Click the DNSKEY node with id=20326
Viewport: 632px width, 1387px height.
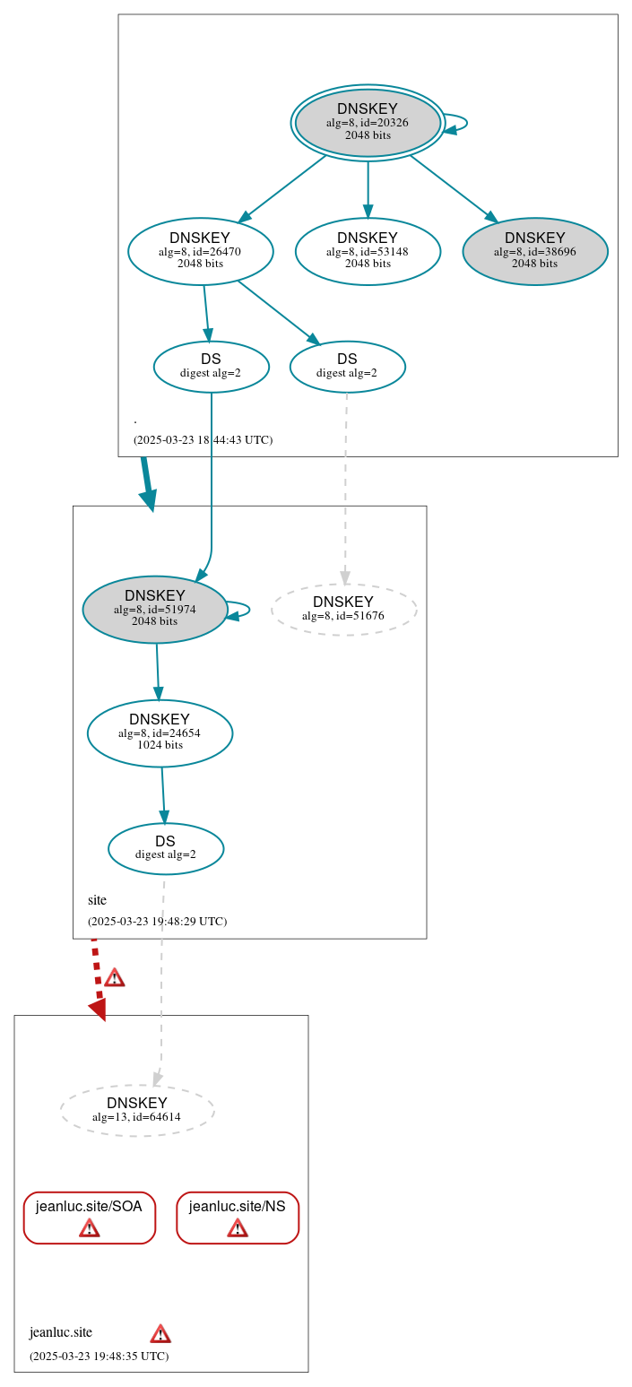368,123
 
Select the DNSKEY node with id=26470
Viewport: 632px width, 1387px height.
200,251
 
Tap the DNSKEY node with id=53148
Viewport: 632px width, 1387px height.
368,251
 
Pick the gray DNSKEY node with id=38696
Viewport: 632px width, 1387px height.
535,251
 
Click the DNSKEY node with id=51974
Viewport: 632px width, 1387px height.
155,609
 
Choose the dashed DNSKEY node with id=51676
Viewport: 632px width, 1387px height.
343,609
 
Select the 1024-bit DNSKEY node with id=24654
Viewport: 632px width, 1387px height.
160,733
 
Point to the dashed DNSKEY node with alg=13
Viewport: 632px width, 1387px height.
137,1110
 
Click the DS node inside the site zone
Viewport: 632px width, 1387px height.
166,847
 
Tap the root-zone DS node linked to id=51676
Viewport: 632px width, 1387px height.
347,366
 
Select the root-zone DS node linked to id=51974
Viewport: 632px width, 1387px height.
211,366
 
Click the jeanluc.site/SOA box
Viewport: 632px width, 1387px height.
89,1217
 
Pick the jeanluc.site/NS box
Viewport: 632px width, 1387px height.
238,1217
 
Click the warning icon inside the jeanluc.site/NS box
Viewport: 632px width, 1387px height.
238,1227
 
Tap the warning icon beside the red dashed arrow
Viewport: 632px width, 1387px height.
114,977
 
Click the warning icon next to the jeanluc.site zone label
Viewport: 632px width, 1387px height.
160,1333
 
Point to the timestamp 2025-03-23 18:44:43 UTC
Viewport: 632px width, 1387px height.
203,440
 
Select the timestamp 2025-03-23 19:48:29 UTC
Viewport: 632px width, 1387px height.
157,922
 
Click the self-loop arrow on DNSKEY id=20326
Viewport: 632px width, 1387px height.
460,123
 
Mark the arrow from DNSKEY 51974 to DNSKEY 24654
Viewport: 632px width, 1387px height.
158,672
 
